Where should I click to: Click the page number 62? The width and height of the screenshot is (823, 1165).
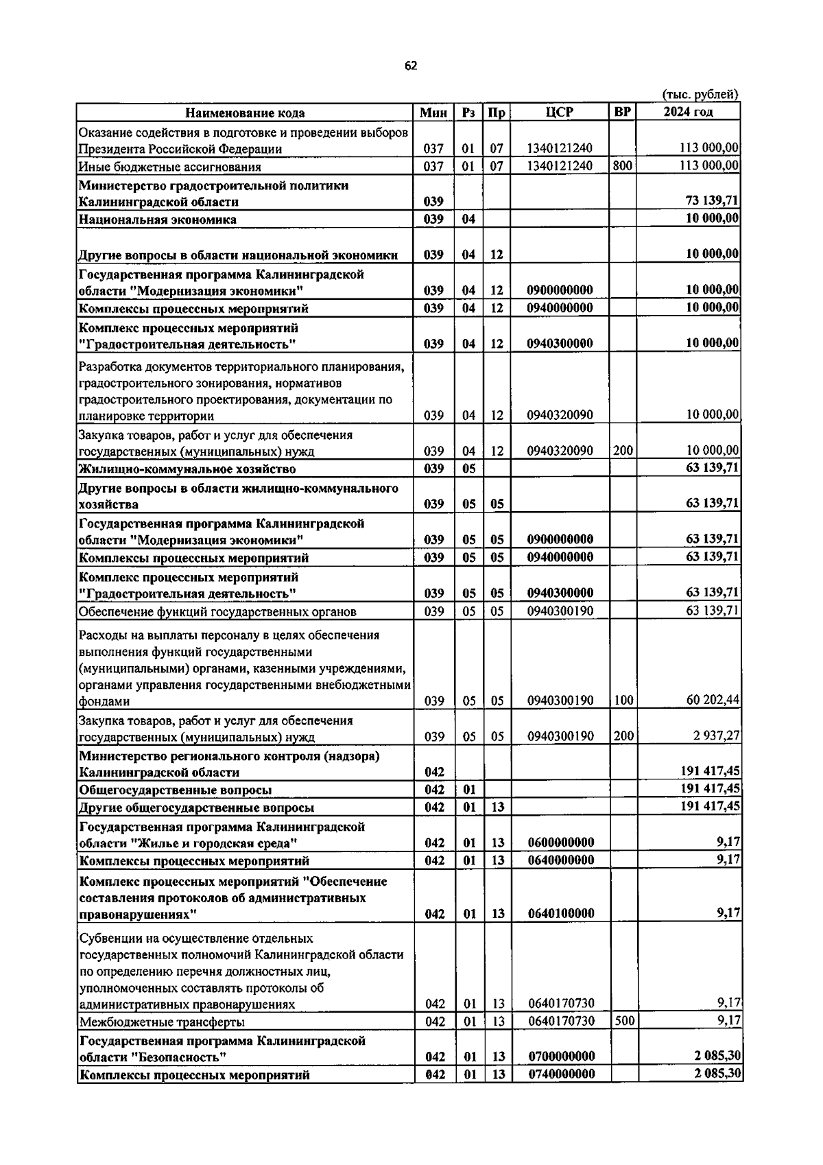point(411,66)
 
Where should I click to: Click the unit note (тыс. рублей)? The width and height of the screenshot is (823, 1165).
point(700,95)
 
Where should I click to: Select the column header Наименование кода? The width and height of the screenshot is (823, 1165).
point(245,113)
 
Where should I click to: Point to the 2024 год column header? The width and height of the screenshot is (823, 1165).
point(688,113)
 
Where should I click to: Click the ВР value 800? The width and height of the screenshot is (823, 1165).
point(622,166)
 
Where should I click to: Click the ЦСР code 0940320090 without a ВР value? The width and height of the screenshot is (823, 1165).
point(560,415)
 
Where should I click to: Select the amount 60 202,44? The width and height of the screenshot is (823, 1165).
point(713,701)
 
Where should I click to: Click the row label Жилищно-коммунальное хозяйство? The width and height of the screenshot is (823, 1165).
point(187,469)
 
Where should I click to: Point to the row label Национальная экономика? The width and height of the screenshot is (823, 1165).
point(158,220)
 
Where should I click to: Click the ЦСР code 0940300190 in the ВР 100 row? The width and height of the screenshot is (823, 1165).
point(560,701)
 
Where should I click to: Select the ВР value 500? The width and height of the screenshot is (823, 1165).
point(623,1021)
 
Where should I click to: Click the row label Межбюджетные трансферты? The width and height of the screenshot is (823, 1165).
point(162,1022)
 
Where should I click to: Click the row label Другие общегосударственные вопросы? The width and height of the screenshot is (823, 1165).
point(197,808)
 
